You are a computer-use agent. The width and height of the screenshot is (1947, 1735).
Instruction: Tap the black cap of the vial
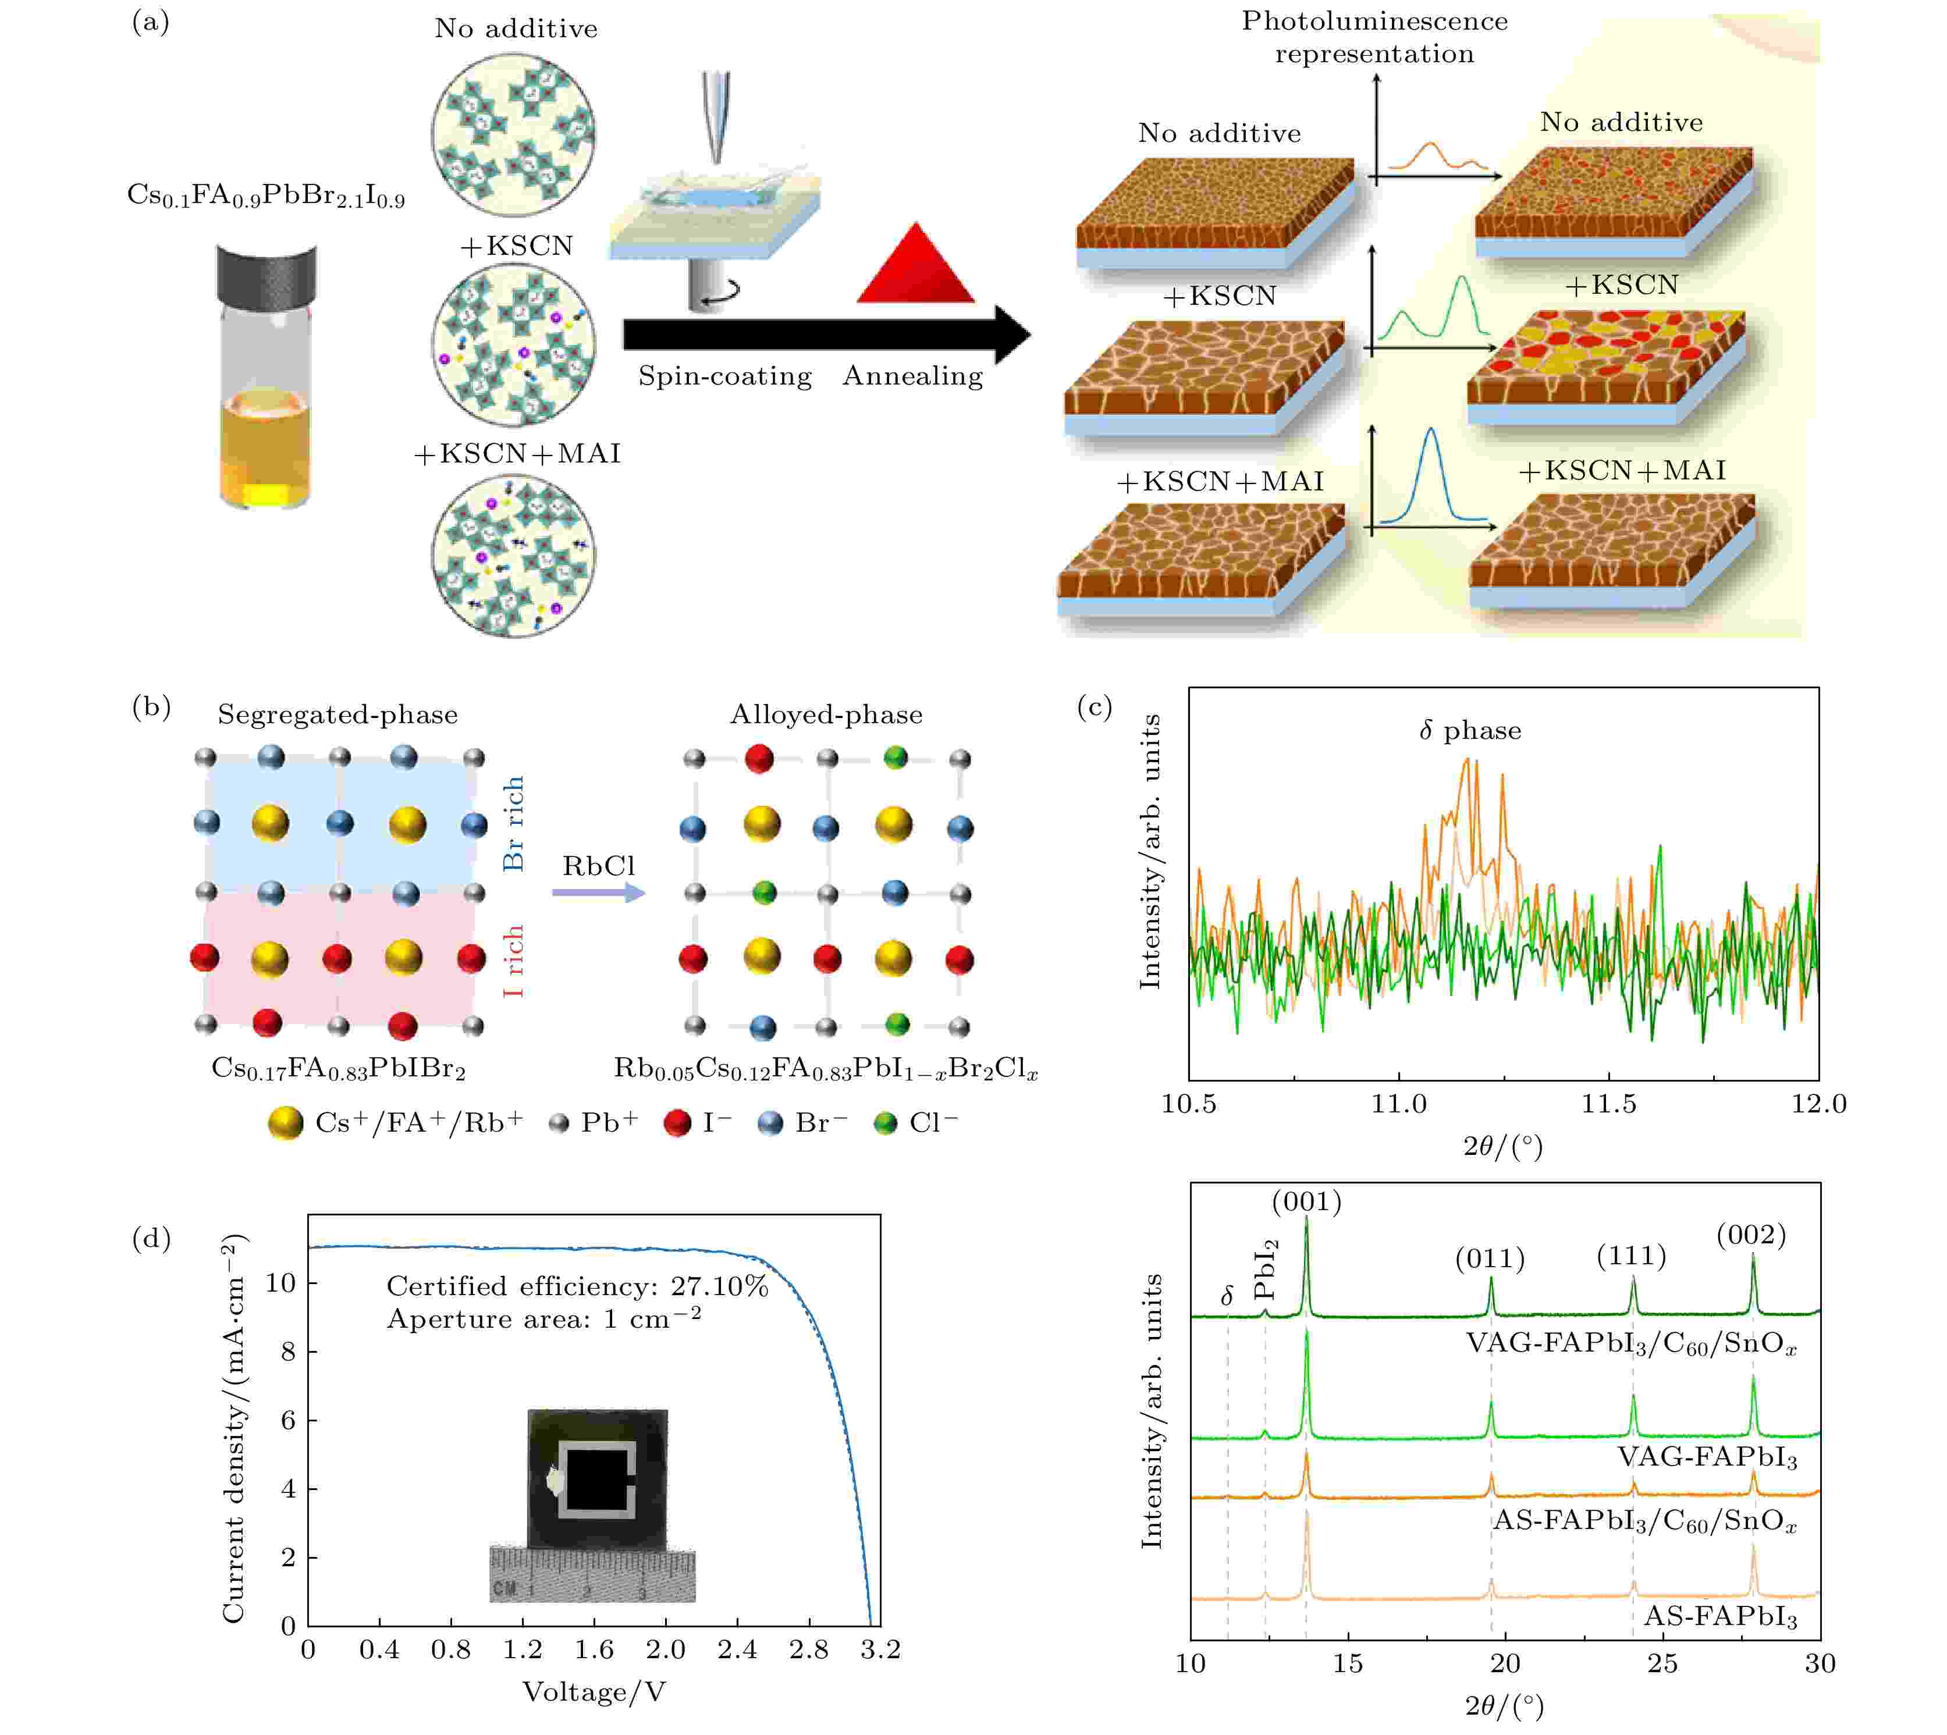pos(267,273)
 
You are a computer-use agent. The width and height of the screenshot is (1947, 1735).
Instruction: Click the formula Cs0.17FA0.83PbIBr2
pos(339,1069)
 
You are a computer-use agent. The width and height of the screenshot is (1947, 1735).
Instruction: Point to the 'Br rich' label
pos(514,823)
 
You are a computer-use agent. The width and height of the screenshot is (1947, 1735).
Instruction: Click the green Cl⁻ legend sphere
pos(886,1123)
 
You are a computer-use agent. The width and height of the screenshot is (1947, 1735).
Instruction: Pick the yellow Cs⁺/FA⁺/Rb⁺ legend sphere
pos(285,1123)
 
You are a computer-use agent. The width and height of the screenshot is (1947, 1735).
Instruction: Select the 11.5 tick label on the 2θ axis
pos(1608,1104)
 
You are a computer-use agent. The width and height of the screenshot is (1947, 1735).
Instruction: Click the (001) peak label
pos(1306,1202)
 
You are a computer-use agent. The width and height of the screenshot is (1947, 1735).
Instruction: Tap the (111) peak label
pos(1632,1256)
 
